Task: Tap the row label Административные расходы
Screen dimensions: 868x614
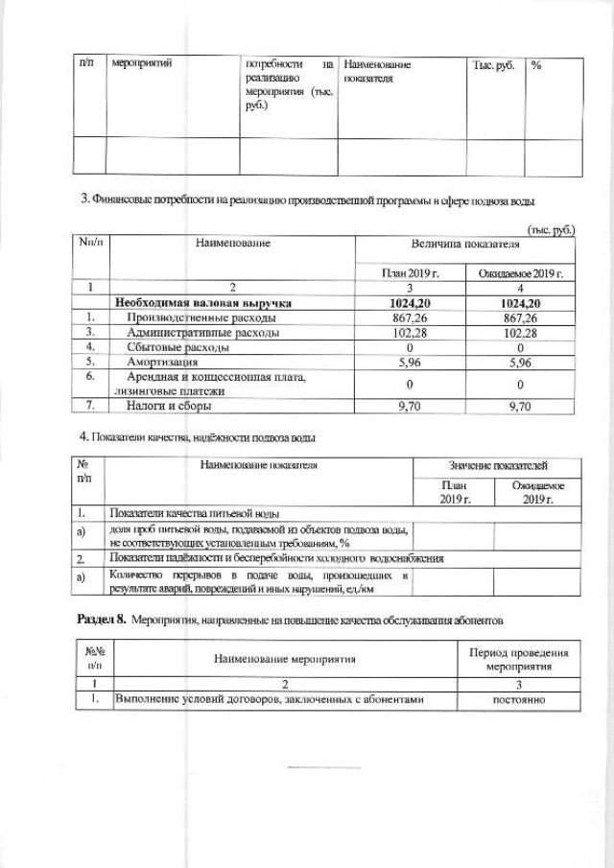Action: point(202,333)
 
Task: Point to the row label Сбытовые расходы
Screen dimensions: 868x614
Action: point(177,347)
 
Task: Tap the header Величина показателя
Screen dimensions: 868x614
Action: point(464,244)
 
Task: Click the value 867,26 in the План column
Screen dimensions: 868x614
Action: point(410,317)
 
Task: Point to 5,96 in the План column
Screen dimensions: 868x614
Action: point(410,363)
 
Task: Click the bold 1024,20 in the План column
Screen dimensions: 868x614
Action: point(410,303)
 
